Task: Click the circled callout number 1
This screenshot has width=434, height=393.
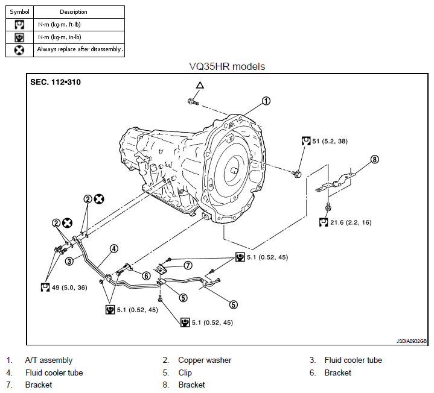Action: pyautogui.click(x=266, y=101)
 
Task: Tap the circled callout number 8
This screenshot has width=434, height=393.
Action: pyautogui.click(x=375, y=160)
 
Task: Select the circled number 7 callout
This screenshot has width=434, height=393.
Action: pyautogui.click(x=188, y=265)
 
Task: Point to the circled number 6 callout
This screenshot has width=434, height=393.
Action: pyautogui.click(x=145, y=275)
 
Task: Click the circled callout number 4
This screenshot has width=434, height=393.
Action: pyautogui.click(x=113, y=248)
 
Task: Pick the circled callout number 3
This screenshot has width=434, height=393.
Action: pyautogui.click(x=70, y=261)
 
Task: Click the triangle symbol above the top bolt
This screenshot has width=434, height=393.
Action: pyautogui.click(x=200, y=86)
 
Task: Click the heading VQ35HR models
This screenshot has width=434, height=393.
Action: pyautogui.click(x=227, y=66)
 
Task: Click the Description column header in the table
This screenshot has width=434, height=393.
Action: pyautogui.click(x=74, y=12)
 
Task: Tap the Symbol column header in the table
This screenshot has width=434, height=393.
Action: pyautogui.click(x=19, y=12)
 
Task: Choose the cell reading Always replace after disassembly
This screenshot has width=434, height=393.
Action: pyautogui.click(x=80, y=49)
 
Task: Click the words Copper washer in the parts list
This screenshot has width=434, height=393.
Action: pyautogui.click(x=205, y=360)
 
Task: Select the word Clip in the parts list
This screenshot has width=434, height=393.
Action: pyautogui.click(x=186, y=373)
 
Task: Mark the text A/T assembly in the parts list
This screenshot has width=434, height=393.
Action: pyautogui.click(x=48, y=360)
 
